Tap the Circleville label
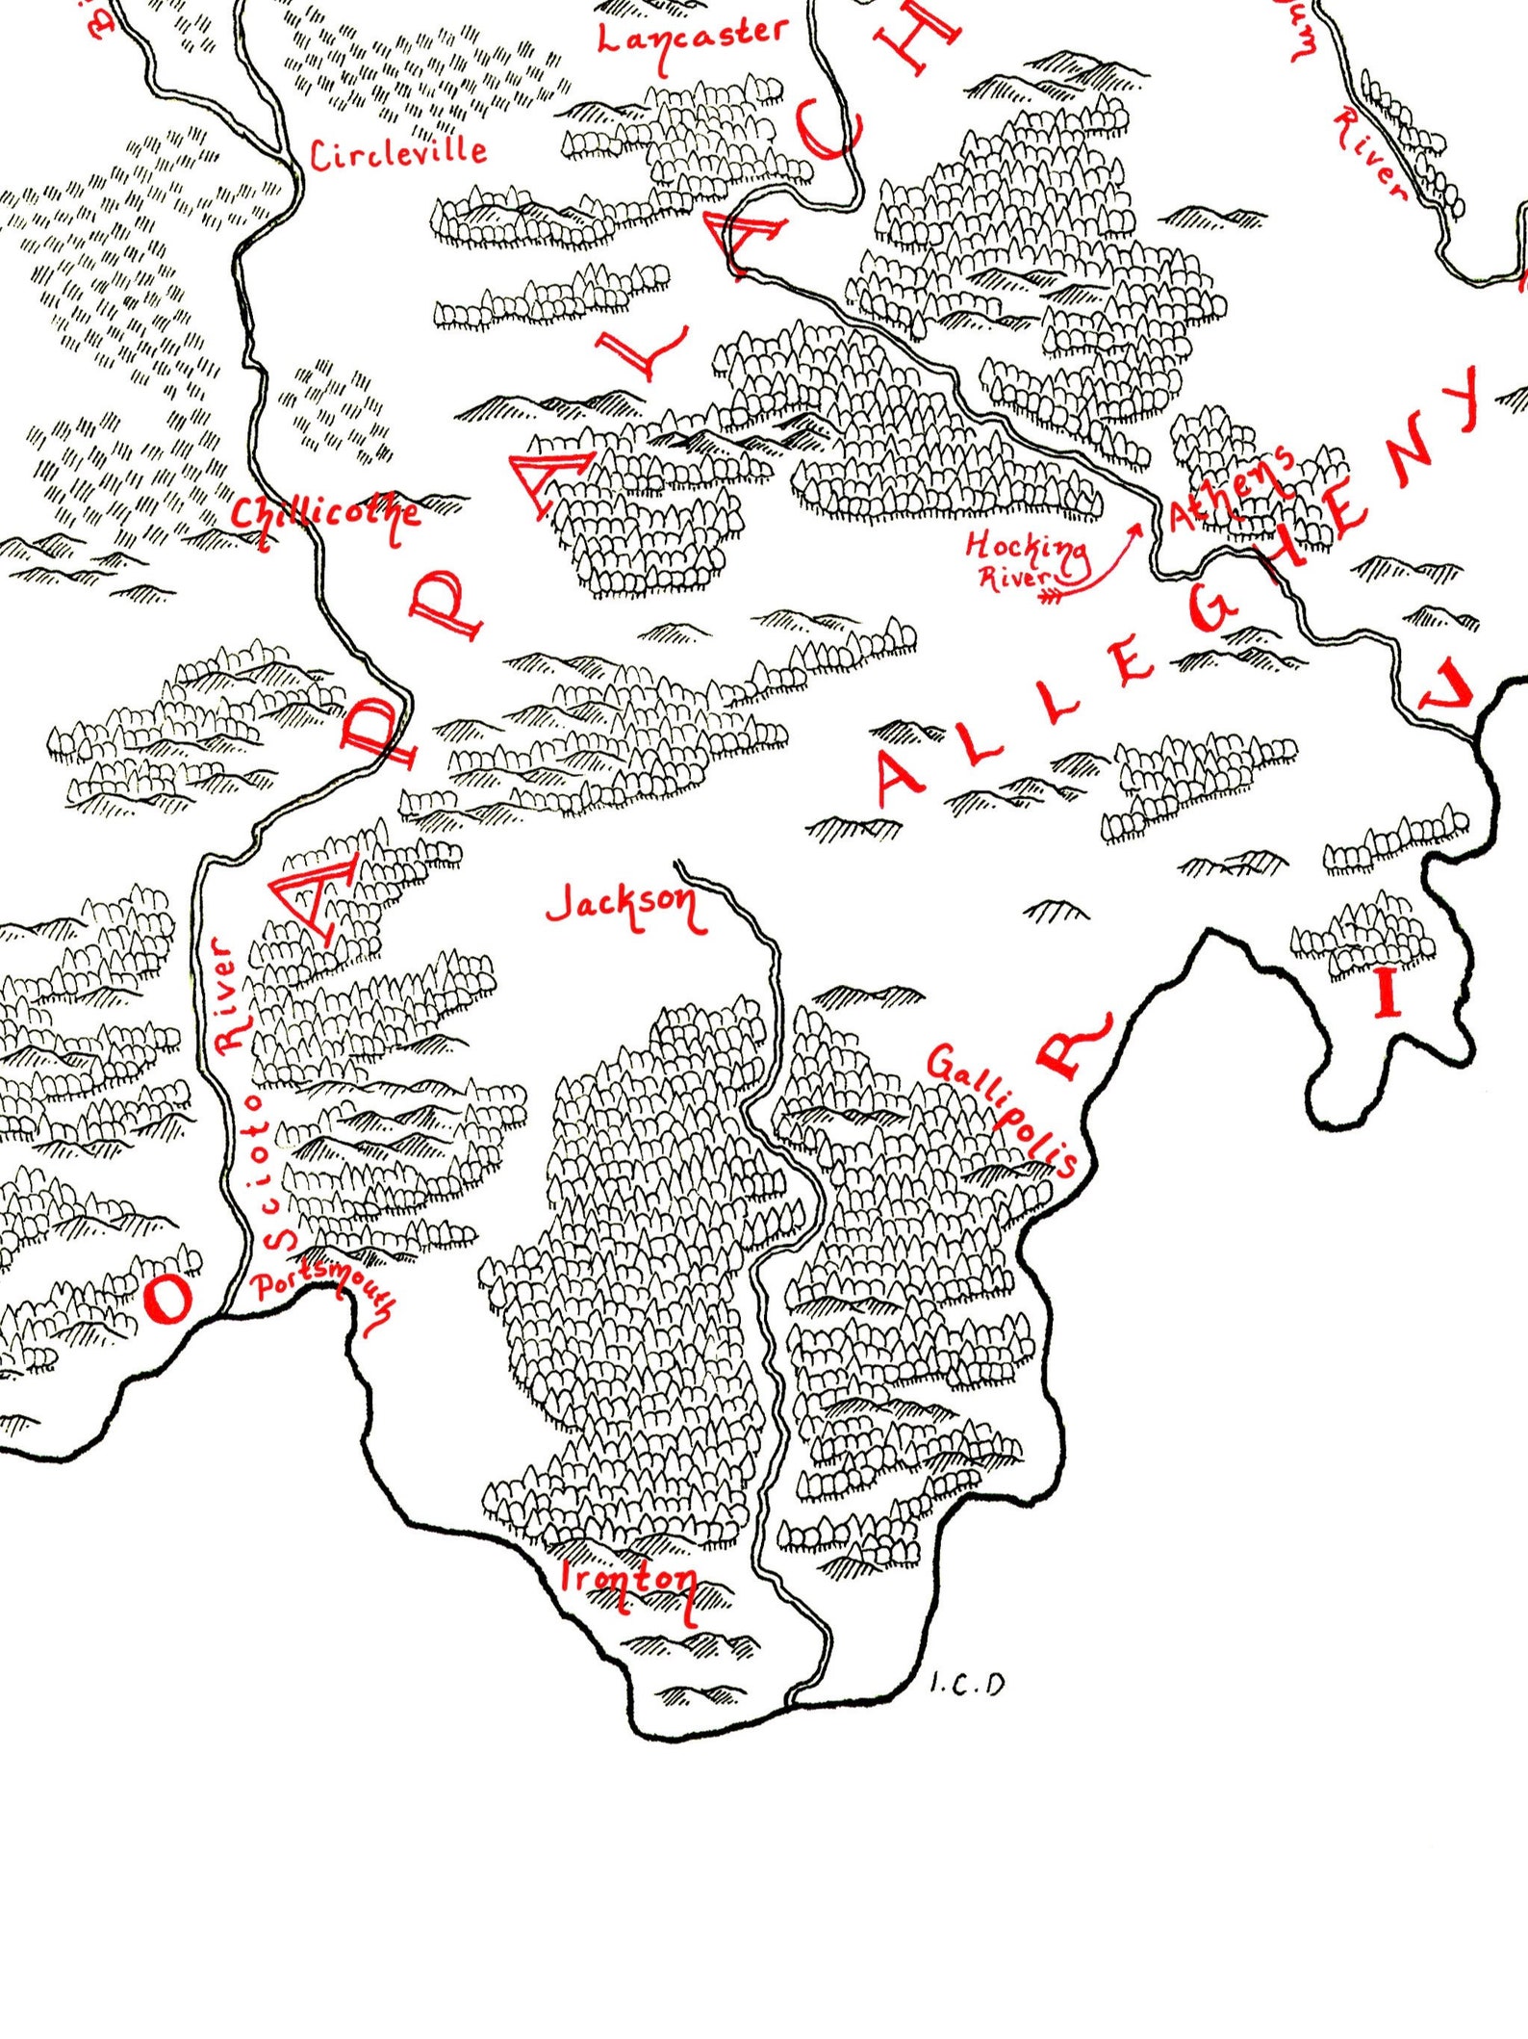397,153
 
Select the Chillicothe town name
325,515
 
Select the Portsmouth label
322,1291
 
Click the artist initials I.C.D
968,1684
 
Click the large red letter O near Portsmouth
168,1299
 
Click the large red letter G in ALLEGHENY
1210,611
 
